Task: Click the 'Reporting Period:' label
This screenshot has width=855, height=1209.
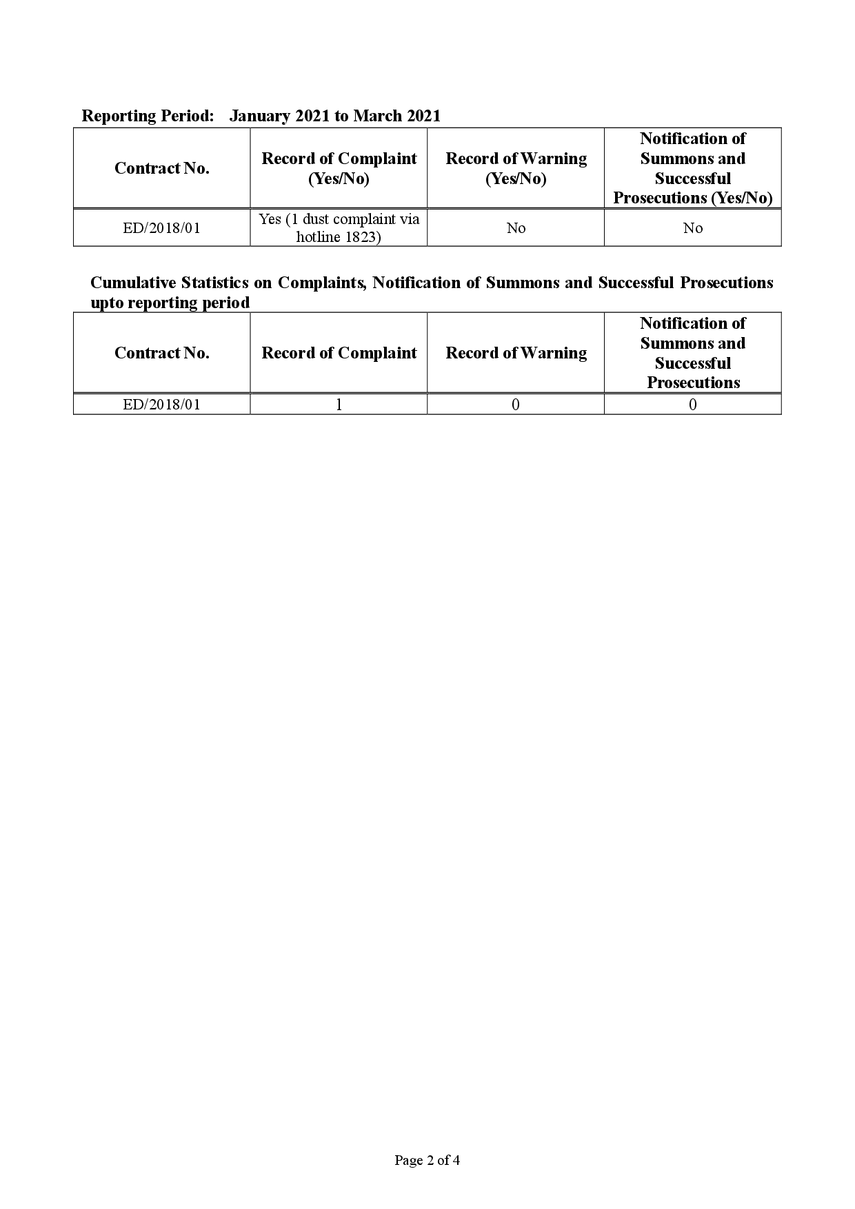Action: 148,116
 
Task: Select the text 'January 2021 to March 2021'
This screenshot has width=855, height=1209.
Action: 334,116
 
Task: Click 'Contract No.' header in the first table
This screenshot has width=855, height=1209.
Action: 162,168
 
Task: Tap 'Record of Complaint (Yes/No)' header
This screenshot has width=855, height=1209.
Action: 339,168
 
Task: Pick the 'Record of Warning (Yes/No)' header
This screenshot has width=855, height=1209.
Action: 516,168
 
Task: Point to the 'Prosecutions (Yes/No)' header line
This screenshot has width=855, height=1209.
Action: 692,199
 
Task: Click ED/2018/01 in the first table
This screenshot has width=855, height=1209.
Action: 162,228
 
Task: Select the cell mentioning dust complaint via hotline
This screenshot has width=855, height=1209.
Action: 339,228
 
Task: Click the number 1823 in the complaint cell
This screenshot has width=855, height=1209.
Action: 362,238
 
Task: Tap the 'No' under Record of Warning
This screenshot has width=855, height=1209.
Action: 516,228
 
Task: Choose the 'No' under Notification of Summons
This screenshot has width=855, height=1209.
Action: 692,228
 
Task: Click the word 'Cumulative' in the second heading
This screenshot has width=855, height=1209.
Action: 133,283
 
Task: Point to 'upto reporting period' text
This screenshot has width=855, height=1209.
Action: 170,303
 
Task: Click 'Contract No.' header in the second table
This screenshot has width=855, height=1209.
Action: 162,353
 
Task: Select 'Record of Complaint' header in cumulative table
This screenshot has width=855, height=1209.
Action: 339,353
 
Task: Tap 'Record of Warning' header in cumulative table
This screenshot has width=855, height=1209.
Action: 516,353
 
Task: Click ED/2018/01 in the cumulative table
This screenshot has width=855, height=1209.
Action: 162,405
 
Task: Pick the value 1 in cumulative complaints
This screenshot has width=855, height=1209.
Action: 339,405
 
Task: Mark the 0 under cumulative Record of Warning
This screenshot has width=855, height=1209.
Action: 516,405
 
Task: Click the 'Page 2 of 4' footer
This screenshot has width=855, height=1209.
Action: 427,1160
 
